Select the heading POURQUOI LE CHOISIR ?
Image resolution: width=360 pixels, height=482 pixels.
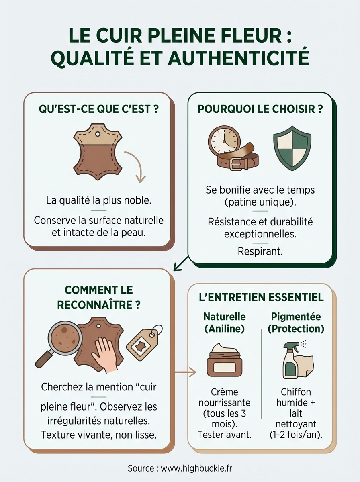(x=260, y=110)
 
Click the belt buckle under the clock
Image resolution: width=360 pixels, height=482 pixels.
(x=236, y=163)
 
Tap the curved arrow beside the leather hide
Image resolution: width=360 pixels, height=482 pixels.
(x=135, y=166)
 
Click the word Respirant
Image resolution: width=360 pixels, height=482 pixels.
(x=260, y=251)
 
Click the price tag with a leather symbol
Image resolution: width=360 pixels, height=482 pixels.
(x=143, y=342)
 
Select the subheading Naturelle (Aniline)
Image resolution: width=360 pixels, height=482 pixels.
(x=224, y=323)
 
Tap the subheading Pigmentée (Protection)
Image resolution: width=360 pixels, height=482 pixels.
(x=296, y=323)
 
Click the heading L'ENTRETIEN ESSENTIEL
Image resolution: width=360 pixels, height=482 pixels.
(x=261, y=298)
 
